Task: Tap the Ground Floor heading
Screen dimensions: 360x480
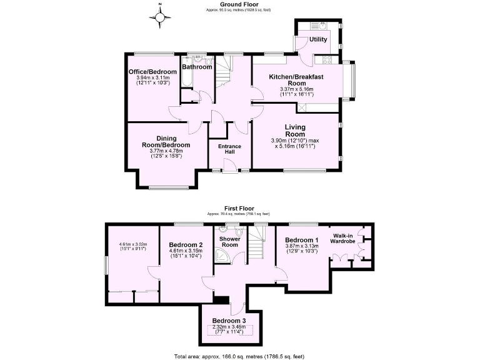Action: [240, 4]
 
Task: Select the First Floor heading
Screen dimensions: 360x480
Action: [240, 207]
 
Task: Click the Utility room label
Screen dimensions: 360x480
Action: [318, 39]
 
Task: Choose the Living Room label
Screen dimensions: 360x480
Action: [295, 131]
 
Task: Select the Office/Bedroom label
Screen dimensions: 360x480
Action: [152, 72]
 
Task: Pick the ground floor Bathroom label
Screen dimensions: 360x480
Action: [197, 67]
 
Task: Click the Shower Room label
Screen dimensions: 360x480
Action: [229, 241]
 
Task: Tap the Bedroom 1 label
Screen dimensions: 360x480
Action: [301, 240]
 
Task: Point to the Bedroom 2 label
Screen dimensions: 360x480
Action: [186, 244]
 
